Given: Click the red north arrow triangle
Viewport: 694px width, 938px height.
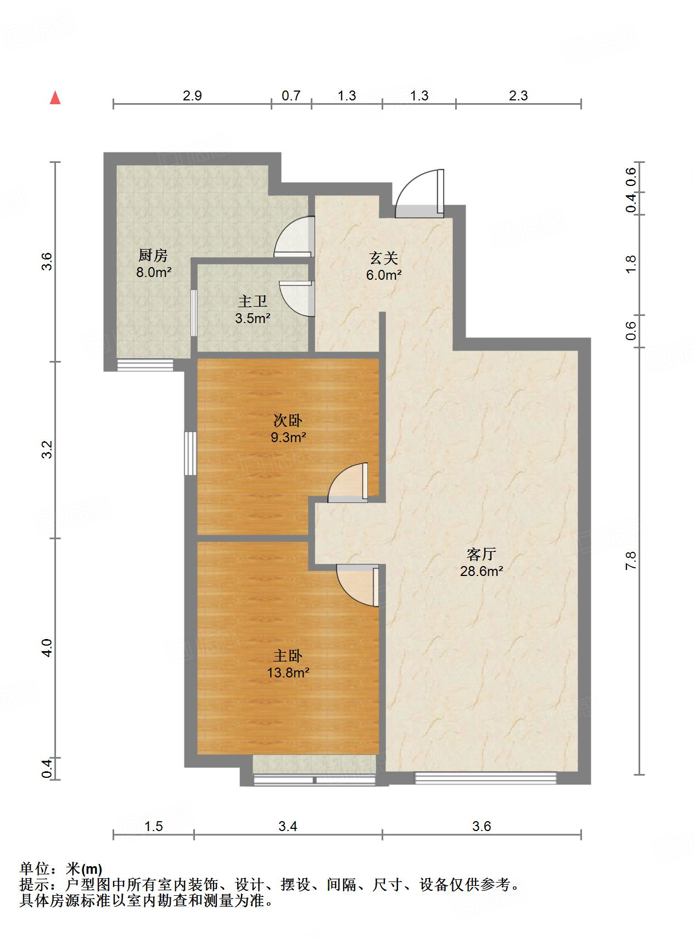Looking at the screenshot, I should [55, 98].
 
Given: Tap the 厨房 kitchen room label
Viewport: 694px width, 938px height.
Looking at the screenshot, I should [153, 255].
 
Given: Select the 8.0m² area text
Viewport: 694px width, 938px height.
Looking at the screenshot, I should [154, 272].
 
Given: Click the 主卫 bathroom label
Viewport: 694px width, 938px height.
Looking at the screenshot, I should [253, 301].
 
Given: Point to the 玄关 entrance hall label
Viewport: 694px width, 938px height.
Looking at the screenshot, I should [383, 258].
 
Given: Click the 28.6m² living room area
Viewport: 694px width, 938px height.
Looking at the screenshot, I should [482, 571].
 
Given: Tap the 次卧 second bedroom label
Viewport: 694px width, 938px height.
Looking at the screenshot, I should [288, 421].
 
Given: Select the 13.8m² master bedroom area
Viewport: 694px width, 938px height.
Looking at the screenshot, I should [288, 673].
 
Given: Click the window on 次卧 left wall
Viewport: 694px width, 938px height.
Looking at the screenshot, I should [190, 453].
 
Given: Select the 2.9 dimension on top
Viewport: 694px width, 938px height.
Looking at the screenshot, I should [192, 96].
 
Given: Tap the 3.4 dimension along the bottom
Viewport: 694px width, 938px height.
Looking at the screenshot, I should [288, 826].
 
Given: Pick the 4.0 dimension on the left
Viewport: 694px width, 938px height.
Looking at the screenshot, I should [48, 648].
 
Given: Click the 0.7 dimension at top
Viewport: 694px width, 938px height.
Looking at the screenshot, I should [291, 96].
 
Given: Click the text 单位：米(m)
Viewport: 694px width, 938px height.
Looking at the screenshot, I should [61, 869].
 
